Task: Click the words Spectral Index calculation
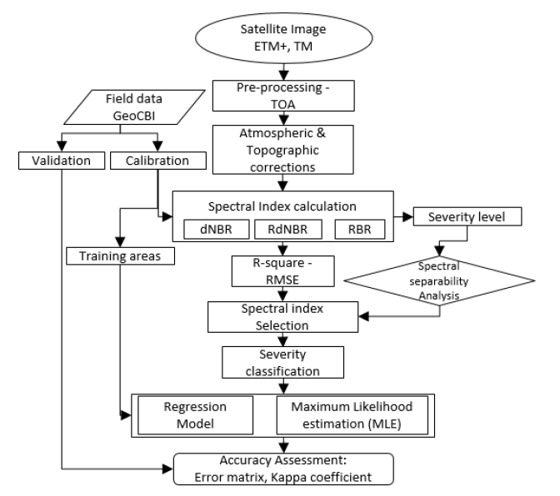click(282, 203)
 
